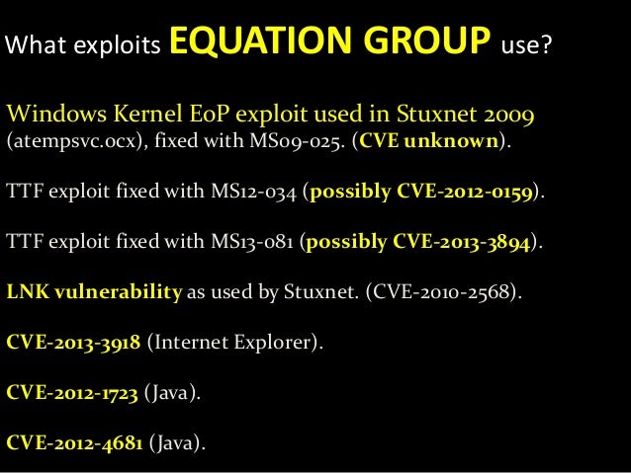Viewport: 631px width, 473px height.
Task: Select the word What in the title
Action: click(34, 46)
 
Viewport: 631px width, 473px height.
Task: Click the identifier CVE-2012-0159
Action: click(469, 192)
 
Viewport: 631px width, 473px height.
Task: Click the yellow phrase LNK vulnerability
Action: click(94, 293)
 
